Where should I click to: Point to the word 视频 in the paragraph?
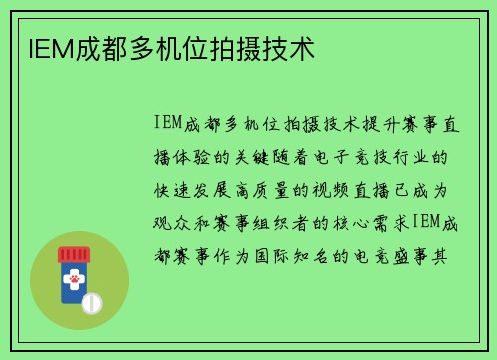(334, 190)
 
